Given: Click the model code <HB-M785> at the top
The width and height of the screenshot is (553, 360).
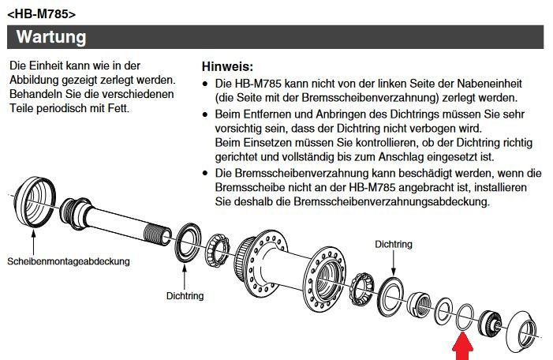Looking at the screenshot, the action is pos(41,14).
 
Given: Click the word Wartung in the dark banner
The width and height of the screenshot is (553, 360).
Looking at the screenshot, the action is pos(51,36).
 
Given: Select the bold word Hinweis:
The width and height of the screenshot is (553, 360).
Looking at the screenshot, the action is pos(227,66).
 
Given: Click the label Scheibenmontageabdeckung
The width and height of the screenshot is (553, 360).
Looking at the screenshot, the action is pos(69,261).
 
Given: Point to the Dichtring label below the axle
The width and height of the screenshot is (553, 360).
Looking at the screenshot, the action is pos(185,295).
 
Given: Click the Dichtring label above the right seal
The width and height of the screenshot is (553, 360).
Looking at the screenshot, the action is pos(393,244).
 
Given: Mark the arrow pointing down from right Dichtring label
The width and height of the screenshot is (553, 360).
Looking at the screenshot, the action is pos(393,263).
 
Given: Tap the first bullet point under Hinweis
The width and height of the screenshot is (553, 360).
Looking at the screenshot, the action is pos(205,84).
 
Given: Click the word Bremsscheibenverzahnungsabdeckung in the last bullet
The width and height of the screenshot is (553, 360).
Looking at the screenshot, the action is pos(391,201).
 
